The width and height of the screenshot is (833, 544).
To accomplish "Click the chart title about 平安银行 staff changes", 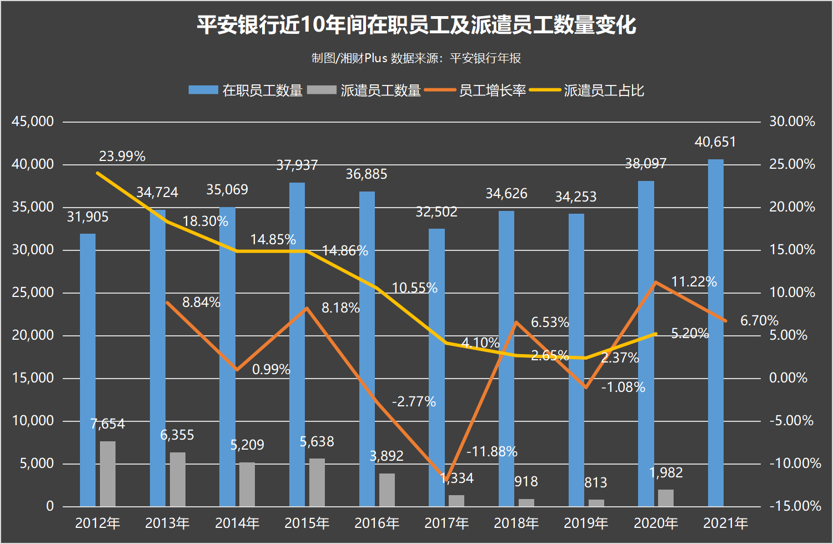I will (x=416, y=25).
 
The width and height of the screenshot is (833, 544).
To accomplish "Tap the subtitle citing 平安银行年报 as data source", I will (x=416, y=58).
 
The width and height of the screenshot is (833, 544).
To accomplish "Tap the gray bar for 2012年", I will (x=108, y=474).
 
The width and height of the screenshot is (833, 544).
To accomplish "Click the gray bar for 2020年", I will (x=665, y=498).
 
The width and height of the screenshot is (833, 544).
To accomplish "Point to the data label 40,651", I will (x=715, y=142).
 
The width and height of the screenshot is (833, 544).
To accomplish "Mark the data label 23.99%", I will (x=122, y=157).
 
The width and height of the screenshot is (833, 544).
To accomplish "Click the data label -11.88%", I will (x=492, y=452).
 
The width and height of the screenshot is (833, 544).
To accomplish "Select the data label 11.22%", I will (x=694, y=282).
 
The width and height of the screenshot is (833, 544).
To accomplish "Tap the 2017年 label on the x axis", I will (x=446, y=523).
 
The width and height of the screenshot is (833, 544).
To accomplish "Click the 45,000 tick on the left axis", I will (x=33, y=122).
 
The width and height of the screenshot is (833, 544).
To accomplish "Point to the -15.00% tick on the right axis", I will (x=795, y=506).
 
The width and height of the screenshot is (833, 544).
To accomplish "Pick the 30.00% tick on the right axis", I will (x=792, y=122).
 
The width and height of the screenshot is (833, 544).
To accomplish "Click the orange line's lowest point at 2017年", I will (x=446, y=479).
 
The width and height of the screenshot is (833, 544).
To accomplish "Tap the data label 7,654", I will (x=108, y=424).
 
